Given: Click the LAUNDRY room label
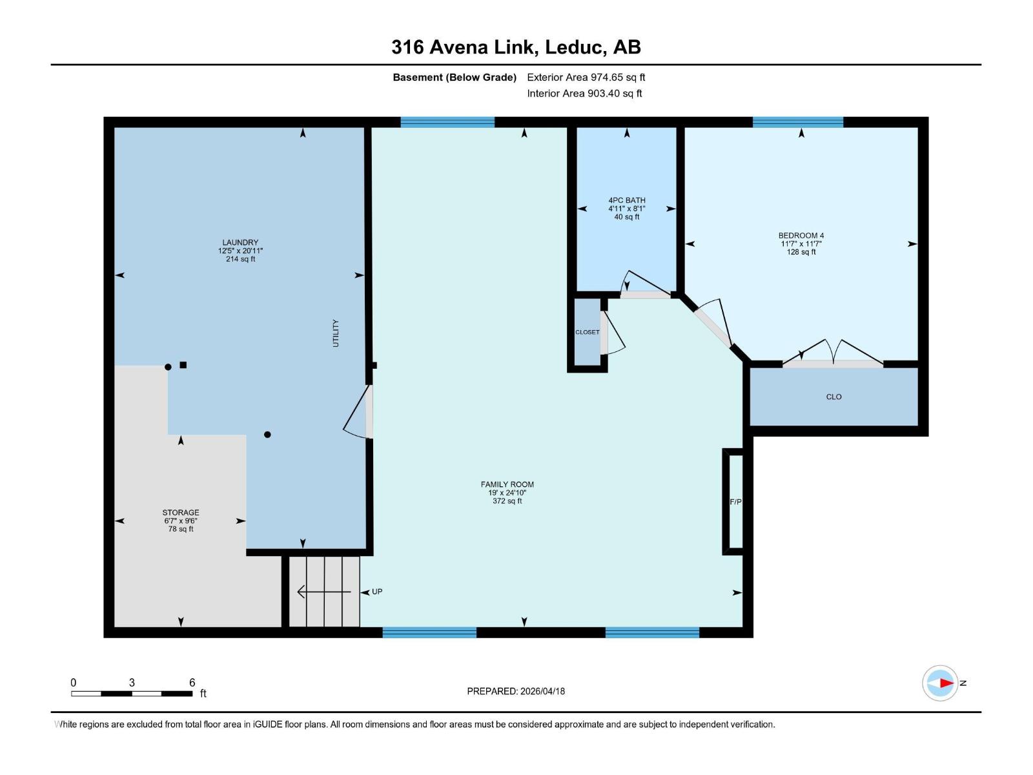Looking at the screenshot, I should point(240,243).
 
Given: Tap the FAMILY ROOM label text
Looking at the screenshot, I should point(507,484).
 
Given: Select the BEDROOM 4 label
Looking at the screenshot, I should point(801,236).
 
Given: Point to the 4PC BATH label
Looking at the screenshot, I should point(626,201).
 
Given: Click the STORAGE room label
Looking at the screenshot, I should point(181,513).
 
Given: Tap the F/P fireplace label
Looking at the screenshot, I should point(735,502).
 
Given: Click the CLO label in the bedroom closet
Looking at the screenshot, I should point(834,397).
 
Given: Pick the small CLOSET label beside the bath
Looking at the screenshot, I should point(588,332).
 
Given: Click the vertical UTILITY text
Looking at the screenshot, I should point(336,333).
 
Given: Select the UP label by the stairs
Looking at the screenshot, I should point(377,592).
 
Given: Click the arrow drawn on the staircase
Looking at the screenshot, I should point(323,592).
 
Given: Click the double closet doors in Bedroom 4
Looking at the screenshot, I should point(833,354).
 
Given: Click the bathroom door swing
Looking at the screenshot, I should point(642,284).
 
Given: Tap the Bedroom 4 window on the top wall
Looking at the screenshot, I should point(797,122).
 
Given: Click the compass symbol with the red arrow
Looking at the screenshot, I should point(940,683).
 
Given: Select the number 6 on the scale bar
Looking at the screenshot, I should point(192,683).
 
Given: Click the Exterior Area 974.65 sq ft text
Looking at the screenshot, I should point(586,77).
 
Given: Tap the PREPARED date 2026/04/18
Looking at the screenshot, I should point(516,691).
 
